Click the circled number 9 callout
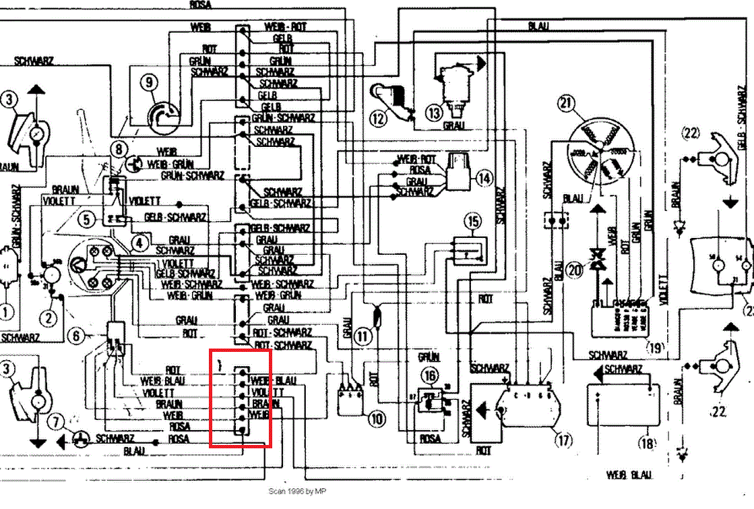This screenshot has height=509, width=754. tap(148, 83)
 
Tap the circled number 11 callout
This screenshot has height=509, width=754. tap(365, 335)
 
